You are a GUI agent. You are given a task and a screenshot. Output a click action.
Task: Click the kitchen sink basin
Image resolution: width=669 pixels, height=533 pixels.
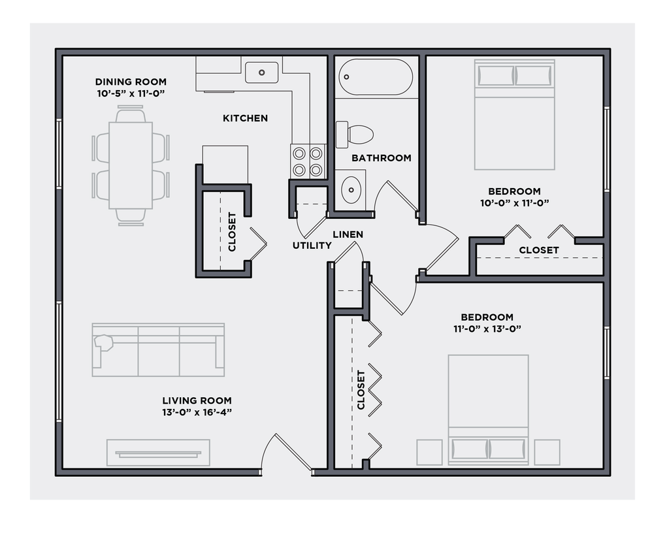tap(262, 72)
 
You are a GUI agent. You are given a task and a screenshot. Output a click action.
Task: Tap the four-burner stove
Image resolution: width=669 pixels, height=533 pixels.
tap(308, 161)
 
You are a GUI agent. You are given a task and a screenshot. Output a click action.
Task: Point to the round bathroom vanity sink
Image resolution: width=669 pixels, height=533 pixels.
tap(351, 190)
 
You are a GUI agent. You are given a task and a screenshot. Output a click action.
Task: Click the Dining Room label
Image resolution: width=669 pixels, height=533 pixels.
tap(131, 82)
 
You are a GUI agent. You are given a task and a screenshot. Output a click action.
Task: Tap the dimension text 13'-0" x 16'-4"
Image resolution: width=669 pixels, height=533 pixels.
tap(197, 412)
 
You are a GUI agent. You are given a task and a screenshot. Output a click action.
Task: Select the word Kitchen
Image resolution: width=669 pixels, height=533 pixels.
tap(245, 118)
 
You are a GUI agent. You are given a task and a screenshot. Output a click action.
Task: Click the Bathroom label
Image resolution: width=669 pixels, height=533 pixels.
tap(382, 158)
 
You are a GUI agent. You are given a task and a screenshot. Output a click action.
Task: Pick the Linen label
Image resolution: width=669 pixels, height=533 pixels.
tap(348, 234)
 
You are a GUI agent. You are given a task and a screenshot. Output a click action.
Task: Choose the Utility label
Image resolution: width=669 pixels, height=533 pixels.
tap(312, 246)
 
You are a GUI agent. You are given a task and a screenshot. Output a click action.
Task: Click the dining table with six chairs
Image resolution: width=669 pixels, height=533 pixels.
tap(131, 166)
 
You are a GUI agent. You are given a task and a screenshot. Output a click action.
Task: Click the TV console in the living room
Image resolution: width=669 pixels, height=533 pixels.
tap(158, 453)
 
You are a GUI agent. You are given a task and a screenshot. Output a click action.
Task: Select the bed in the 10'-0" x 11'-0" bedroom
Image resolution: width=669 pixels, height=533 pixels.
tap(515, 115)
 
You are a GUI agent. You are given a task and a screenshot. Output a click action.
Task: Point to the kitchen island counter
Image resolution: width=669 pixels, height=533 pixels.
tap(225, 165)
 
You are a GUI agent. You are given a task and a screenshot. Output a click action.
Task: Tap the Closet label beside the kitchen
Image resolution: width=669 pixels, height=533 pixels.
tap(232, 231)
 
